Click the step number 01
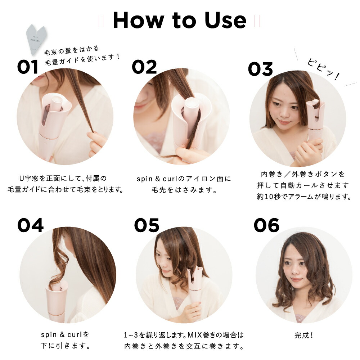28,67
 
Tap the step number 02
144,67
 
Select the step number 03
260,69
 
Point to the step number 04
31,225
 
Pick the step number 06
266,225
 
